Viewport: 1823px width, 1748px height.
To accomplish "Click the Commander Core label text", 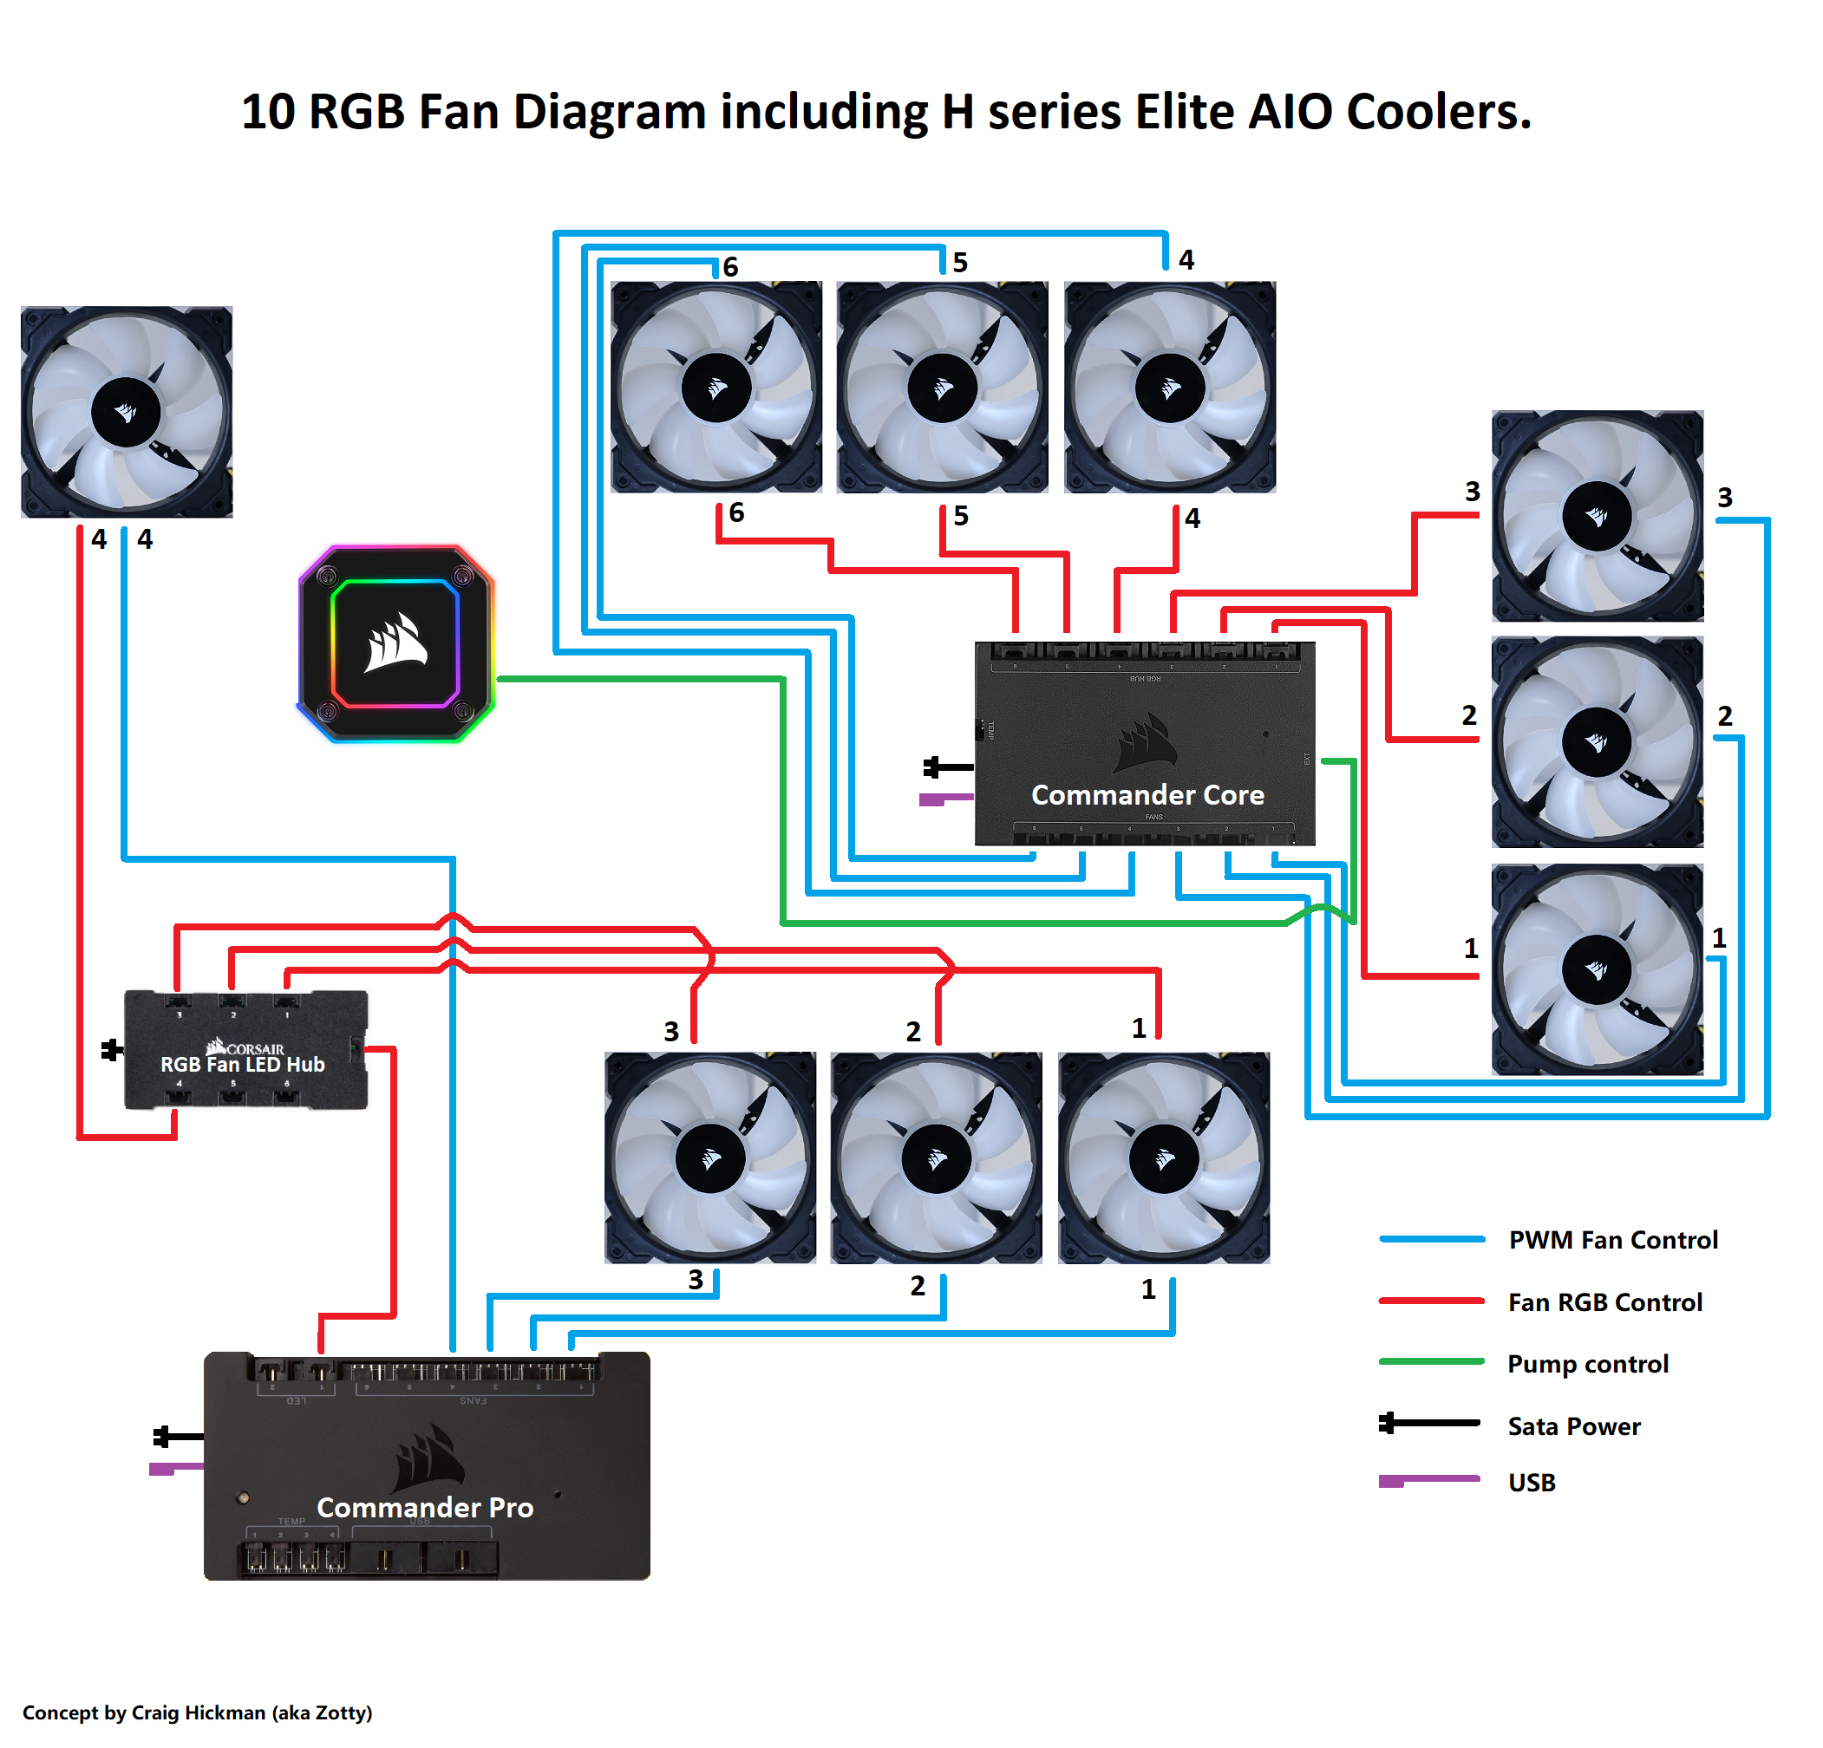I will [x=1147, y=795].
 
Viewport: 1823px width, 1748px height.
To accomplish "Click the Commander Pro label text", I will [x=425, y=1507].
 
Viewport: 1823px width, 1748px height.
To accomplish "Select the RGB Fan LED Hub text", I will [x=243, y=1065].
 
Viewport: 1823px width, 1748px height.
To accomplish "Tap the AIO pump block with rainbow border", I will [x=396, y=643].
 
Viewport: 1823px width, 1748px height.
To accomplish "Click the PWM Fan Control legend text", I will [x=1613, y=1241].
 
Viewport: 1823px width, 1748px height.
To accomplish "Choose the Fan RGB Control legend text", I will [x=1604, y=1302].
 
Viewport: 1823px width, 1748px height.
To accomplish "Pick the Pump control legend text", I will [x=1588, y=1364].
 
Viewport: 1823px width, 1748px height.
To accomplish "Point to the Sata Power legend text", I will [x=1574, y=1426].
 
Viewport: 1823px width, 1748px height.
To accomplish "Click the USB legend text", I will [x=1532, y=1483].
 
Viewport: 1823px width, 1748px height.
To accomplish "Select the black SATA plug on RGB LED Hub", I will [x=112, y=1051].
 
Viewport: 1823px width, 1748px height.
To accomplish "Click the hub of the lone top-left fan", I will [x=126, y=412].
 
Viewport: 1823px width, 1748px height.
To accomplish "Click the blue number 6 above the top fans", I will [x=730, y=268].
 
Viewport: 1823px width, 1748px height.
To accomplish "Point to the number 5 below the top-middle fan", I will [x=961, y=516].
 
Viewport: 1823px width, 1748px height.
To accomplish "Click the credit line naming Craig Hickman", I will [x=197, y=1712].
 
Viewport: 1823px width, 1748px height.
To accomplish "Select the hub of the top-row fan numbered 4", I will [x=1170, y=388].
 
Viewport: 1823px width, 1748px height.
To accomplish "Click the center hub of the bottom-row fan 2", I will [x=937, y=1158].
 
